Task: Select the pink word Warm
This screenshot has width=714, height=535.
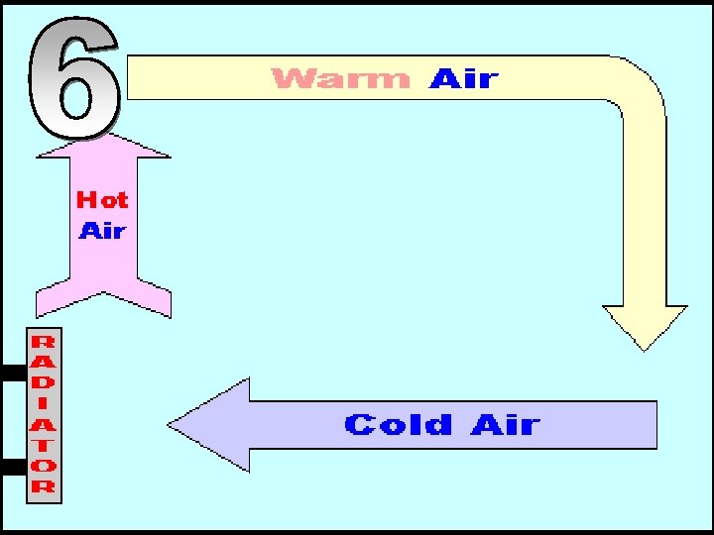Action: (340, 78)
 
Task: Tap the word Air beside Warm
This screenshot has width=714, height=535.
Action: (464, 78)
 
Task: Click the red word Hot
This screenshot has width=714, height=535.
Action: (102, 199)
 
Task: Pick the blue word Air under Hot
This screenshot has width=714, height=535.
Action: (102, 231)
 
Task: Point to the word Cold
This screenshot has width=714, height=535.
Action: (398, 425)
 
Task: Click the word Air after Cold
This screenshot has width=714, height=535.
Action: (506, 425)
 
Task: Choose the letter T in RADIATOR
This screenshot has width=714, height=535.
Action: (44, 445)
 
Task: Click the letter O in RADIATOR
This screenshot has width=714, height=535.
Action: (44, 465)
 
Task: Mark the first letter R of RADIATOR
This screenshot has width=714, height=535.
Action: (44, 342)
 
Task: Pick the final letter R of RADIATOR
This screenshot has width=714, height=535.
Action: (44, 485)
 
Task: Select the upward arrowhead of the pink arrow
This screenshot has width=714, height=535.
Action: (103, 146)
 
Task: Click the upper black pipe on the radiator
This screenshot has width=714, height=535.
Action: (13, 374)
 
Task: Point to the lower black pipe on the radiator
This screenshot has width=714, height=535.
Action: (13, 467)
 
